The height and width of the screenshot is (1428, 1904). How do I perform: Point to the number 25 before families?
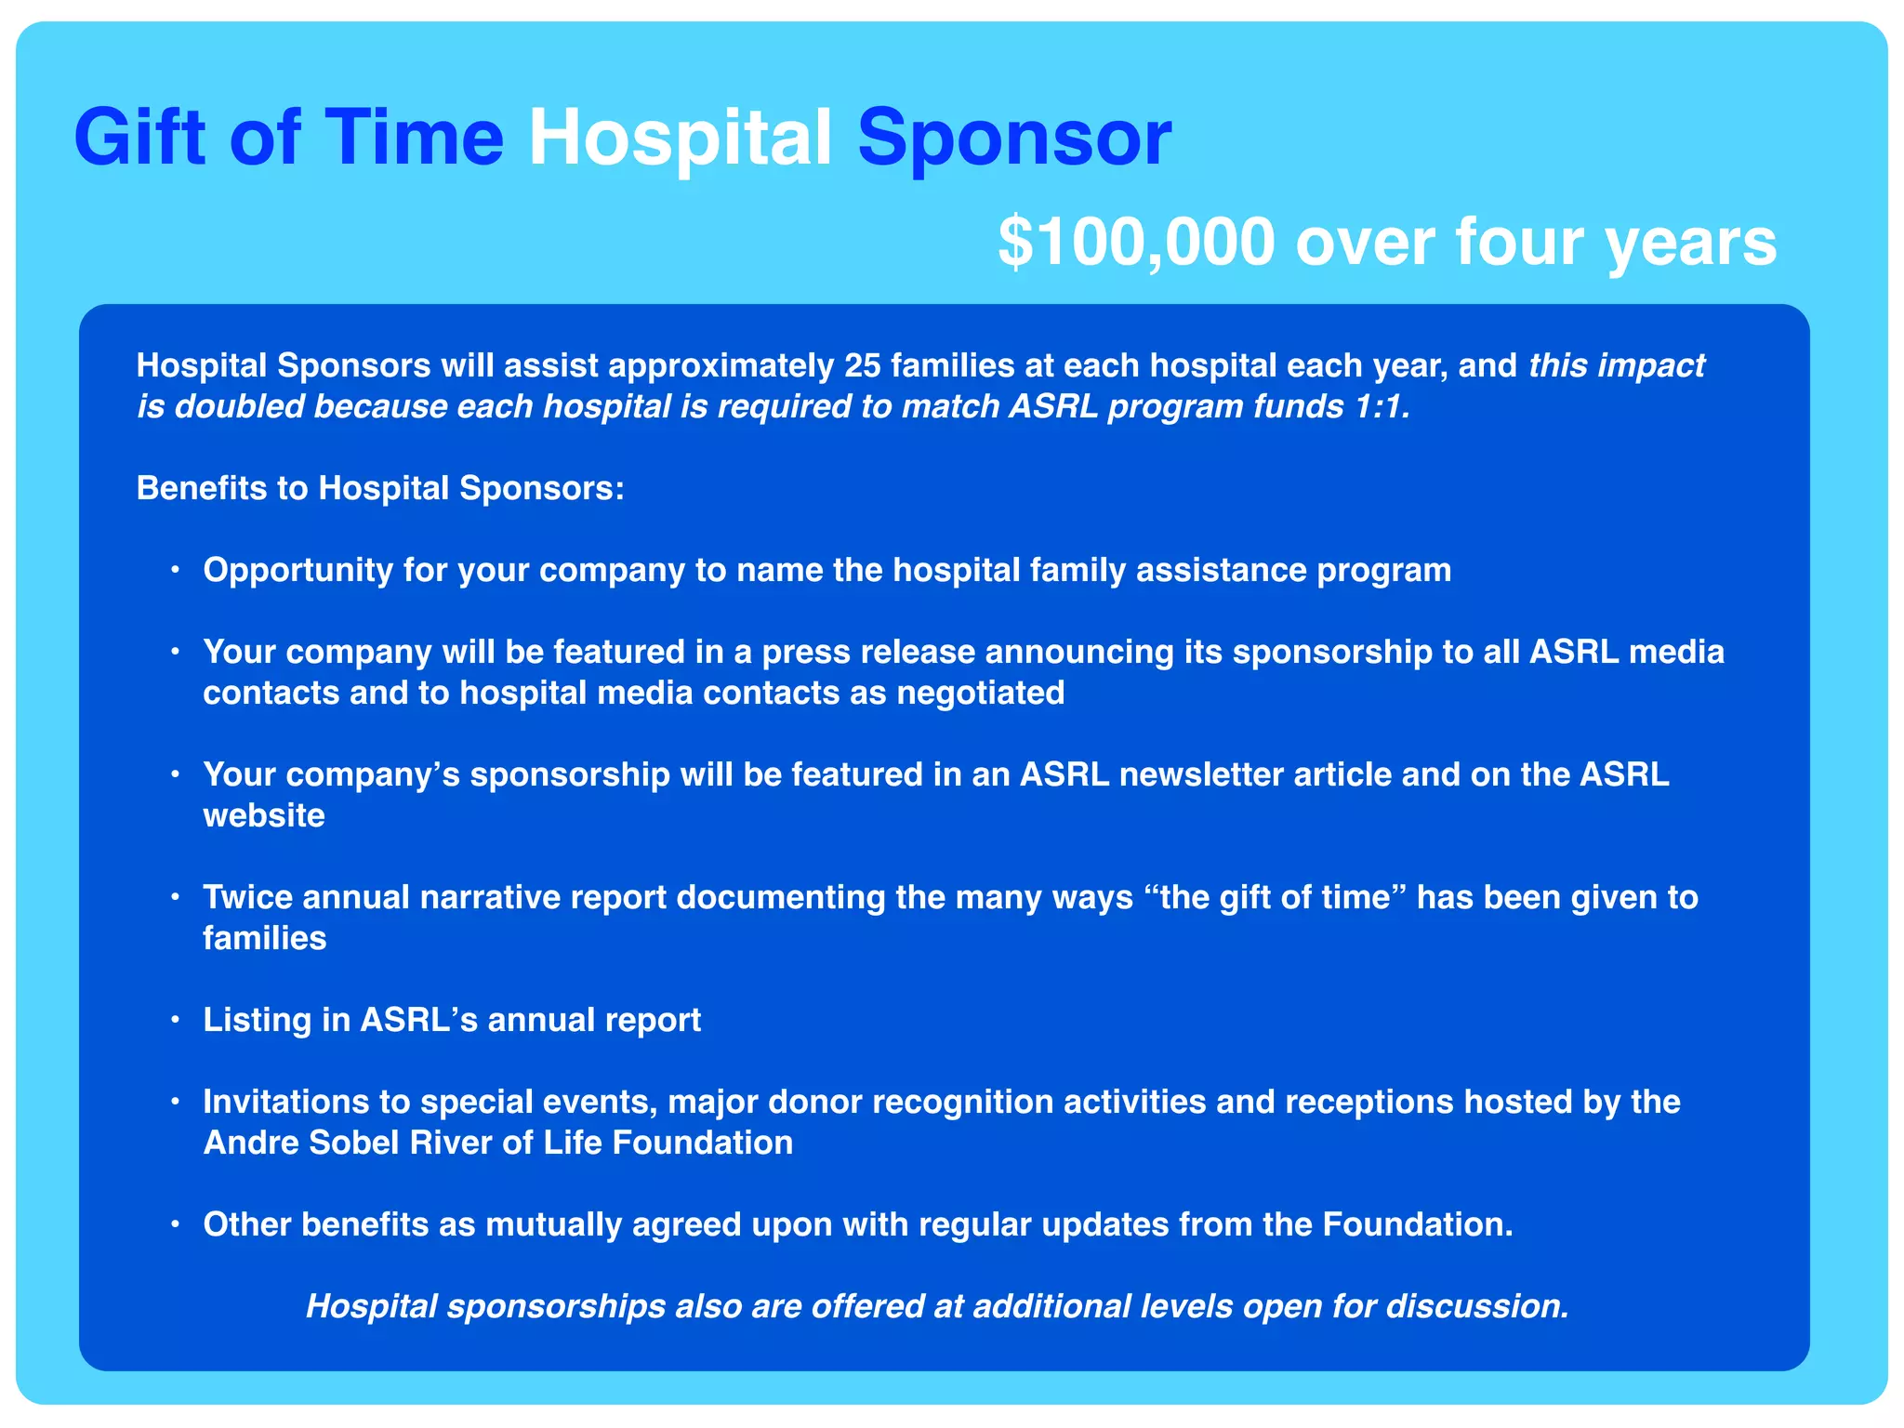point(862,365)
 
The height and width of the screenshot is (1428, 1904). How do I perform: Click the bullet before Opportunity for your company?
point(174,570)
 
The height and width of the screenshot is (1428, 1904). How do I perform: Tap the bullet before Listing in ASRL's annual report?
point(174,1020)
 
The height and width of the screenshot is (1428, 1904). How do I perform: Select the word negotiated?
point(981,693)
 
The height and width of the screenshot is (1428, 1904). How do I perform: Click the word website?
point(264,815)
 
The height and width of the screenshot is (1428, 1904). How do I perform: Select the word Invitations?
point(285,1102)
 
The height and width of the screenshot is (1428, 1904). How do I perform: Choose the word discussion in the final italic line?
point(1476,1306)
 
